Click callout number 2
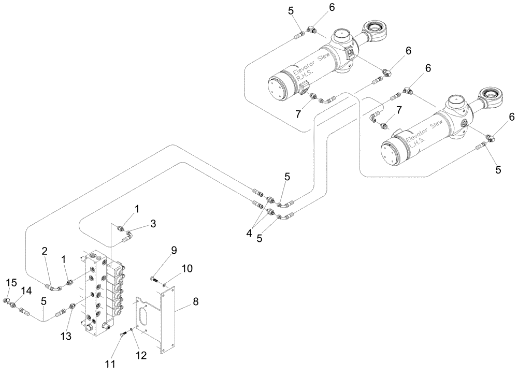(x=45, y=251)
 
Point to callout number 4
(x=250, y=233)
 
